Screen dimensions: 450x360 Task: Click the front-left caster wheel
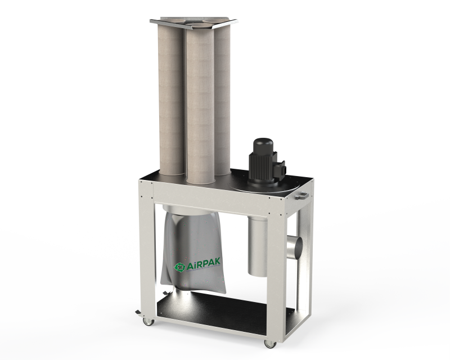148,322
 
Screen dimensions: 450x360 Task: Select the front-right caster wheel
271,344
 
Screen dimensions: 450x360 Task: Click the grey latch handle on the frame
301,196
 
